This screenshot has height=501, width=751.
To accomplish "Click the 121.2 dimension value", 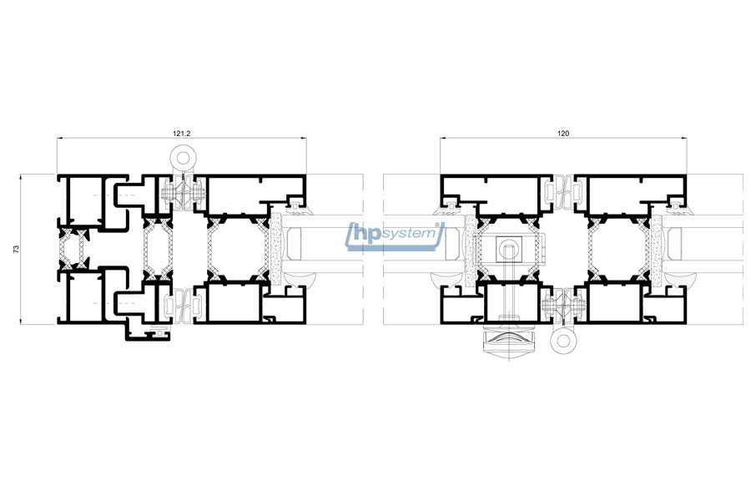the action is [182, 134].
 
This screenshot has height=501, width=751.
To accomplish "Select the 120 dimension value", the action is [563, 134].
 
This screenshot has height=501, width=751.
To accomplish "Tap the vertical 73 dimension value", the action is [16, 249].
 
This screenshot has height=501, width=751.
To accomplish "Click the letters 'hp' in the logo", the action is [367, 234].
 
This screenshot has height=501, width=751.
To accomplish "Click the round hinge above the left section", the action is [183, 157].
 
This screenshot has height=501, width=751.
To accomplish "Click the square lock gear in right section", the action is [509, 250].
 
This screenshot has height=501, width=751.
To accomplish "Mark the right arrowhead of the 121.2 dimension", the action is [304, 138].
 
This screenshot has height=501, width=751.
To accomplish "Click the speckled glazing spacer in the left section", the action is [275, 250].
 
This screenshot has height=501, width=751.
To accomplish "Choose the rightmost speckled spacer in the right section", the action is [656, 250].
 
